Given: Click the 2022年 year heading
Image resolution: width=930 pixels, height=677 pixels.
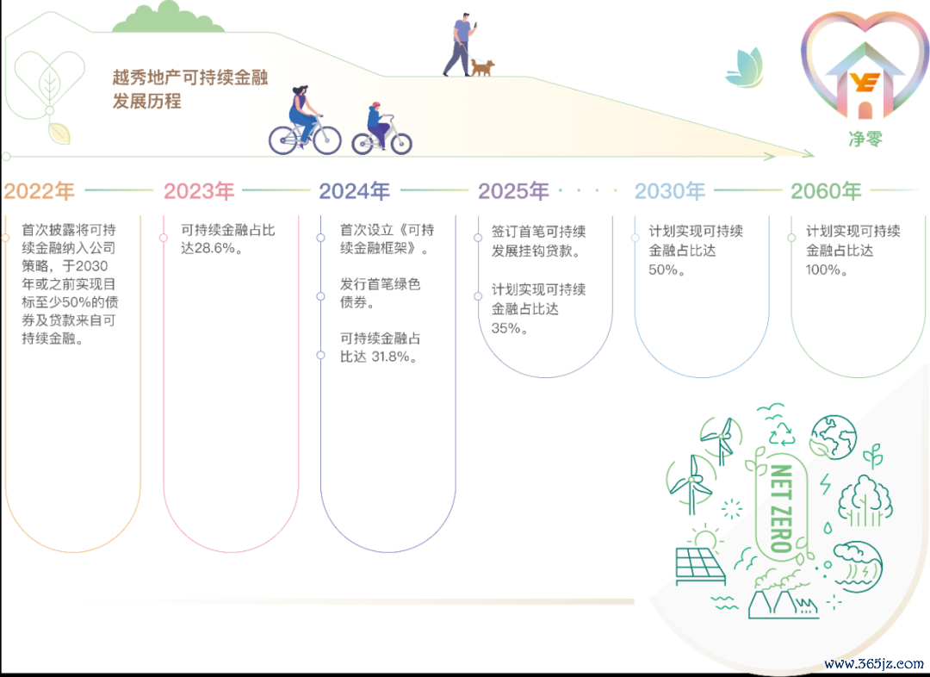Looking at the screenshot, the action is pyautogui.click(x=39, y=191).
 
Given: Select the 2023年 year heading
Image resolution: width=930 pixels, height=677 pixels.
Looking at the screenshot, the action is pyautogui.click(x=199, y=191).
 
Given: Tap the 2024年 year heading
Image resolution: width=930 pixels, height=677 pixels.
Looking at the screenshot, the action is pyautogui.click(x=355, y=191).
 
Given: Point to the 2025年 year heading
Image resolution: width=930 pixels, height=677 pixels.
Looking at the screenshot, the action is pyautogui.click(x=514, y=191).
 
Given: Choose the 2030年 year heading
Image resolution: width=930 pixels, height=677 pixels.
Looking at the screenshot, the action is pyautogui.click(x=670, y=191).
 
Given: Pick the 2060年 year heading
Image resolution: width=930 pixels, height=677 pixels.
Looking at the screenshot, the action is pyautogui.click(x=826, y=191).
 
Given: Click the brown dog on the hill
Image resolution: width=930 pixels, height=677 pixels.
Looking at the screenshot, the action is pyautogui.click(x=482, y=66).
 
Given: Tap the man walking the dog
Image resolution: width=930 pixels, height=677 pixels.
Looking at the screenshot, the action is pyautogui.click(x=459, y=45).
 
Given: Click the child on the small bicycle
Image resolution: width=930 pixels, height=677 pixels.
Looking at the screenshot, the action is pyautogui.click(x=378, y=125).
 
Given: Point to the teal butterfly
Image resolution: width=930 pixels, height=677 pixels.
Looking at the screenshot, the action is pyautogui.click(x=745, y=68).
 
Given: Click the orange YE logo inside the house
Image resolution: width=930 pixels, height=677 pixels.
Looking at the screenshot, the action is pyautogui.click(x=865, y=82).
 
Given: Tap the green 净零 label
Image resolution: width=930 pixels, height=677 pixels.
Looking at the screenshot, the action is pyautogui.click(x=865, y=139).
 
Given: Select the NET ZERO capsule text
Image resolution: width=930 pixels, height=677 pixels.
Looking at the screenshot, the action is pyautogui.click(x=781, y=508).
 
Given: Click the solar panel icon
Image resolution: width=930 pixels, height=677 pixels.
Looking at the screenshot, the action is pyautogui.click(x=700, y=566).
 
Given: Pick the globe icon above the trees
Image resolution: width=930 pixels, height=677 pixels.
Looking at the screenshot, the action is pyautogui.click(x=833, y=437).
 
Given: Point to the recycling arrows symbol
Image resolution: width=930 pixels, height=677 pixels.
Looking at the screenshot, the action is pyautogui.click(x=782, y=434).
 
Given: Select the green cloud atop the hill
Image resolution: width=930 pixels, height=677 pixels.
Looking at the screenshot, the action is pyautogui.click(x=169, y=18).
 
